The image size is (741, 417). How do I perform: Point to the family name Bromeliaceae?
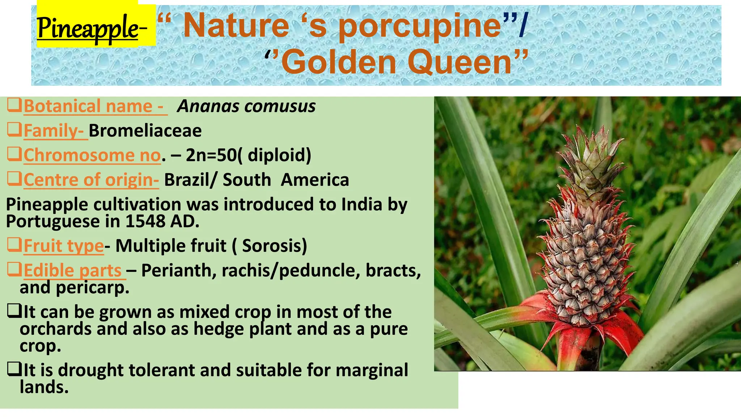[x=145, y=131]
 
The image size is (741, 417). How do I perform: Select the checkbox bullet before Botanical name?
[x=14, y=106]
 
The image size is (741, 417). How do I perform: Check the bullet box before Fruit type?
[x=14, y=245]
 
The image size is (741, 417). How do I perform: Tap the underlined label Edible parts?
[x=73, y=270]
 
